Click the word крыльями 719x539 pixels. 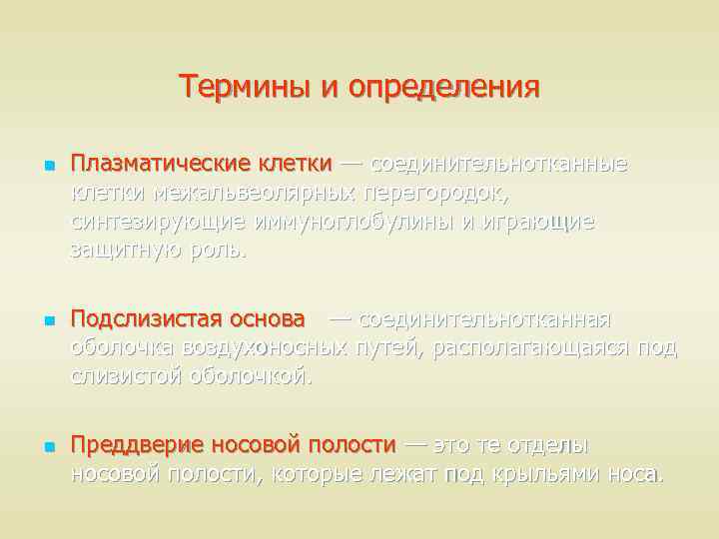pyautogui.click(x=545, y=473)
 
